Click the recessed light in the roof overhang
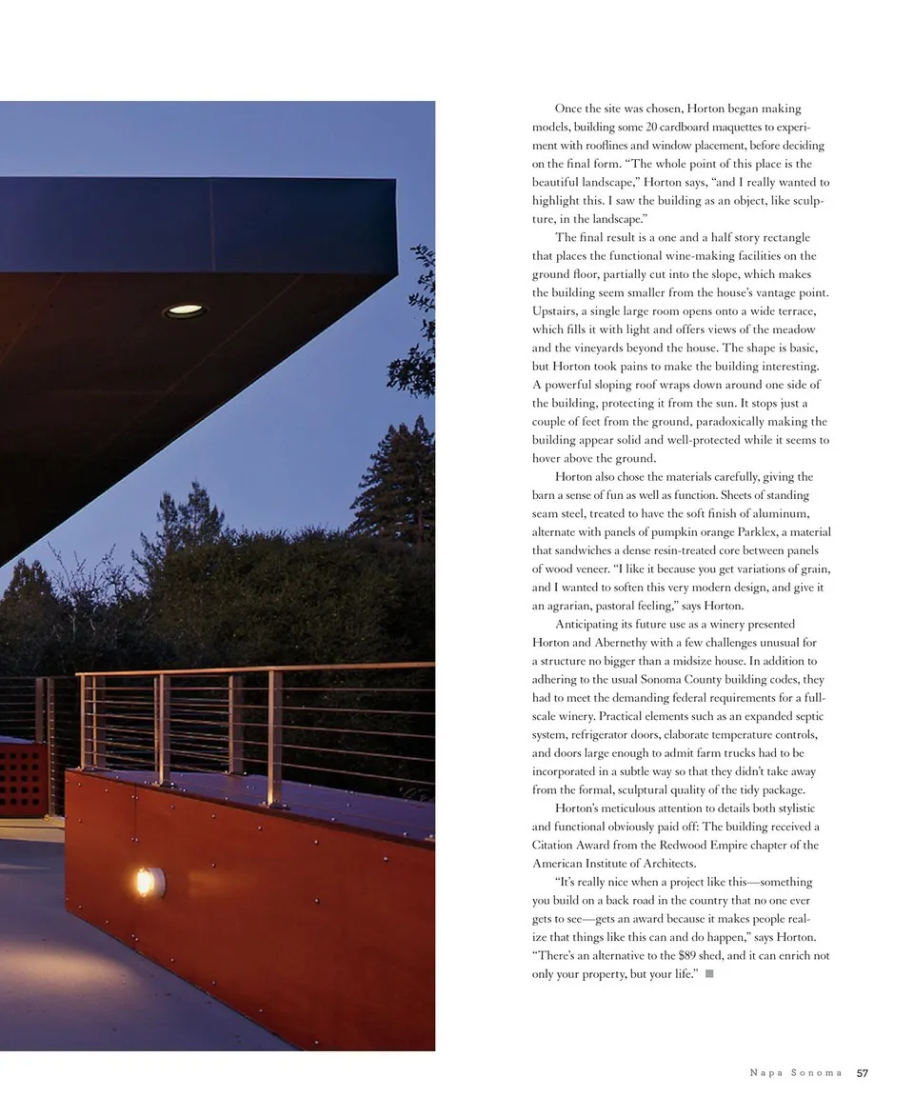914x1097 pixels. click(184, 310)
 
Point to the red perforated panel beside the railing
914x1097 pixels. click(22, 777)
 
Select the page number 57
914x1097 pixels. click(863, 1073)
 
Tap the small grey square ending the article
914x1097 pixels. click(709, 974)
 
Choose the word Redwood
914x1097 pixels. click(687, 845)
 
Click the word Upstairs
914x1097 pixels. click(557, 311)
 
